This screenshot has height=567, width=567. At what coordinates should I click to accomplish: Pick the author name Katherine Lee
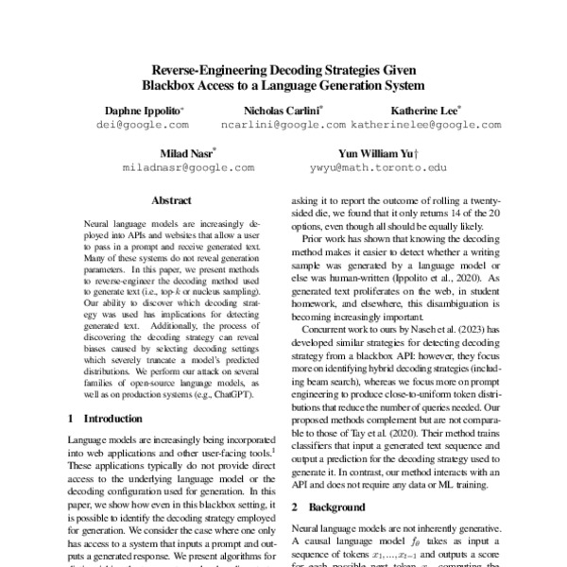(425, 111)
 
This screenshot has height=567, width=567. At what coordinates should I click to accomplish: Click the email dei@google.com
(144, 125)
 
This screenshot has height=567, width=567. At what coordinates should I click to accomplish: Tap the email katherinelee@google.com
(425, 125)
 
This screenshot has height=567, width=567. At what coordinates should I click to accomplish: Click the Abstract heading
(172, 200)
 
